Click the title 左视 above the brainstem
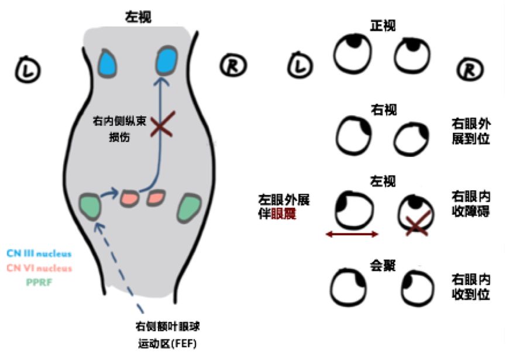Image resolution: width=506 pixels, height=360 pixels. [x=139, y=18]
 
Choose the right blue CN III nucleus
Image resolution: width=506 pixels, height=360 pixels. [x=167, y=60]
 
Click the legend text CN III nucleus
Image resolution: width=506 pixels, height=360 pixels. [x=39, y=253]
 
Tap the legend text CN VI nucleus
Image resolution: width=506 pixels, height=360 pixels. [x=39, y=268]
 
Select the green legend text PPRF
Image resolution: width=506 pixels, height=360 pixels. [x=39, y=282]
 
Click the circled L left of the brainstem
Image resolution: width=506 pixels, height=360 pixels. [x=27, y=68]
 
